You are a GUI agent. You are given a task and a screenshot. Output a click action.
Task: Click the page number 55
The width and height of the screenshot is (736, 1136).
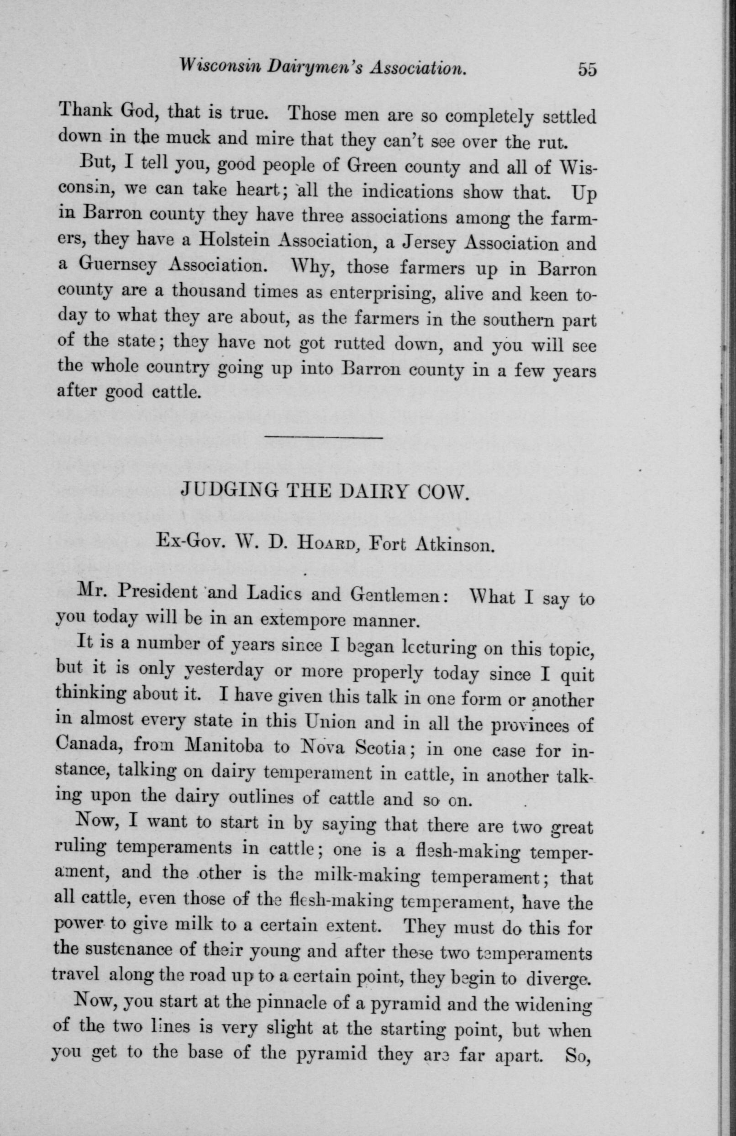[x=587, y=70]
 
